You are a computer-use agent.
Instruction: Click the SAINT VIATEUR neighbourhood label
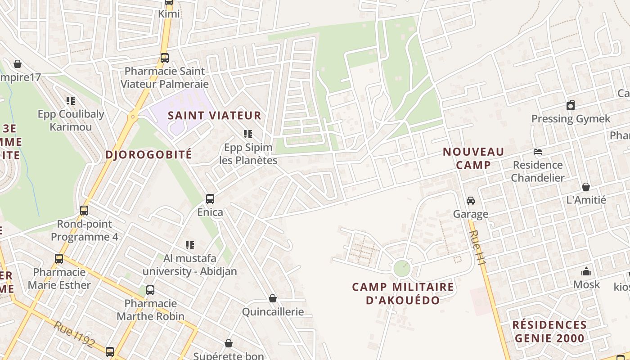[x=214, y=115]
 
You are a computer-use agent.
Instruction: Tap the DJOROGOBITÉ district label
[x=148, y=155]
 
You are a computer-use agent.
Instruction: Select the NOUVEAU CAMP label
[x=473, y=158]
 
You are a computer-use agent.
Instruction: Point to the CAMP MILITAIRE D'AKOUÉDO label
[x=403, y=293]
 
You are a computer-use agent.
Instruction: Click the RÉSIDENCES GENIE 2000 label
[x=549, y=332]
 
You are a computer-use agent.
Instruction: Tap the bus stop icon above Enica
[x=210, y=198]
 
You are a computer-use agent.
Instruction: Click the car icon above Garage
[x=471, y=200]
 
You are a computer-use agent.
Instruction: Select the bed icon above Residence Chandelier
[x=538, y=152]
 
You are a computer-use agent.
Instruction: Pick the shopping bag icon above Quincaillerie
[x=273, y=298]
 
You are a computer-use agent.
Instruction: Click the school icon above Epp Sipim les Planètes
[x=248, y=134]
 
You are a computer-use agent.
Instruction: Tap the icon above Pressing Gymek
[x=571, y=106]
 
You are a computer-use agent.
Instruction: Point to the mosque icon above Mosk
[x=586, y=271]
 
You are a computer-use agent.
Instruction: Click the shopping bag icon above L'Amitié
[x=586, y=187]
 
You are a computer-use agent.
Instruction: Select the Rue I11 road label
[x=478, y=247]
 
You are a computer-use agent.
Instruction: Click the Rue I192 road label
[x=74, y=334]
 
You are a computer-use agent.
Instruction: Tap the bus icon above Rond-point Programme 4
[x=84, y=210]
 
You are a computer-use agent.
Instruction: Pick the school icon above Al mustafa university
[x=190, y=245]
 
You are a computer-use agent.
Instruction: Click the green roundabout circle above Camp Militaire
[x=402, y=269]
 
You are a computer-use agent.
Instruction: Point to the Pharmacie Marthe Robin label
[x=151, y=310]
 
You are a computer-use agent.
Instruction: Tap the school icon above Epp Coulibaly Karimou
[x=71, y=100]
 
